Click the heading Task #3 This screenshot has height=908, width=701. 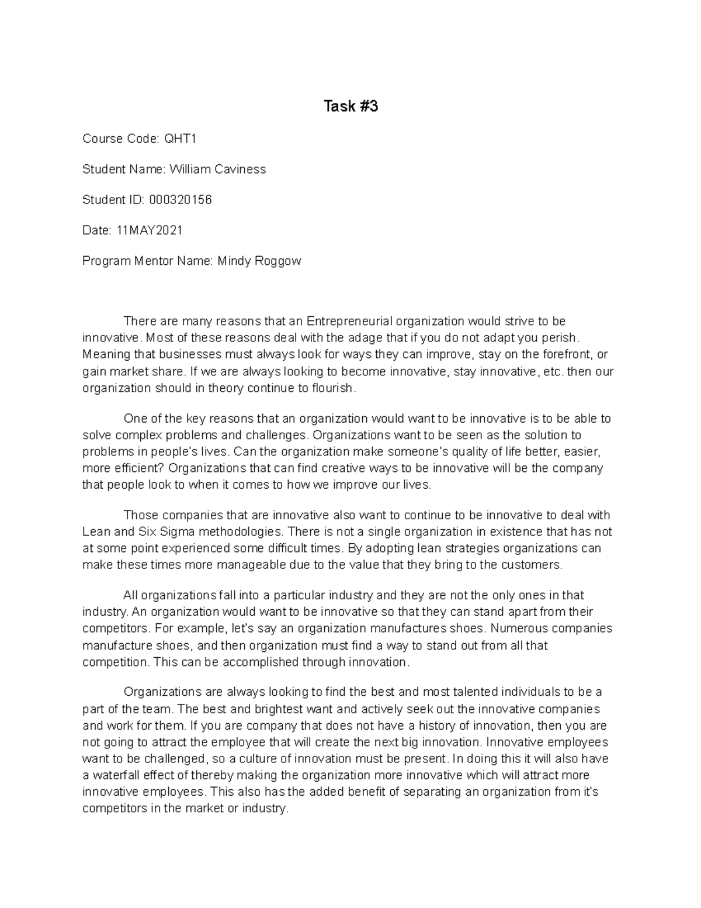point(350,106)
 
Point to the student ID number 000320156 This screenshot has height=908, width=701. point(181,200)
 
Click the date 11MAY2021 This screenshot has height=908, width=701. point(150,230)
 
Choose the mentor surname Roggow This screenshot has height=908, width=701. point(278,261)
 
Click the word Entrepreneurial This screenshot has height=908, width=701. point(349,321)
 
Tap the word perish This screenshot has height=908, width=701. point(561,337)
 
